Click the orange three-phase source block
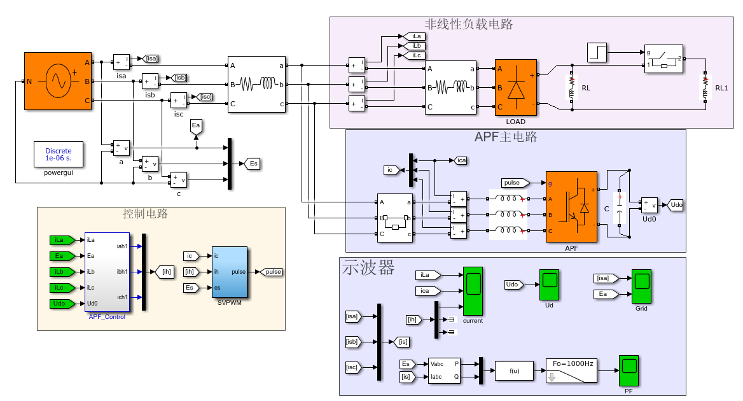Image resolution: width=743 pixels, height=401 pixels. pos(59,81)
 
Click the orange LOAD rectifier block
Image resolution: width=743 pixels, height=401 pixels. pos(516,88)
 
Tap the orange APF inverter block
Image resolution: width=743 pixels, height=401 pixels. pos(571,207)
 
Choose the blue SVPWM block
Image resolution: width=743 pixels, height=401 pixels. pos(230,272)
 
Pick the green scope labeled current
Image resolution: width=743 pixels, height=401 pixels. pos(473,292)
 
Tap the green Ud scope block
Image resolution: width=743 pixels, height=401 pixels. pos(549,285)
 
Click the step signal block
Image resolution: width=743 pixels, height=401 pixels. pos(597,53)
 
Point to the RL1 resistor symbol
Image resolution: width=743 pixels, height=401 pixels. pos(705,88)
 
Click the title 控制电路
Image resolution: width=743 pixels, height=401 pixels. pos(145,215)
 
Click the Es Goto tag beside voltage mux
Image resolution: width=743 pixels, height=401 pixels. pos(253,164)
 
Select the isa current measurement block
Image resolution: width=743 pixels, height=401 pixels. pos(121,62)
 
